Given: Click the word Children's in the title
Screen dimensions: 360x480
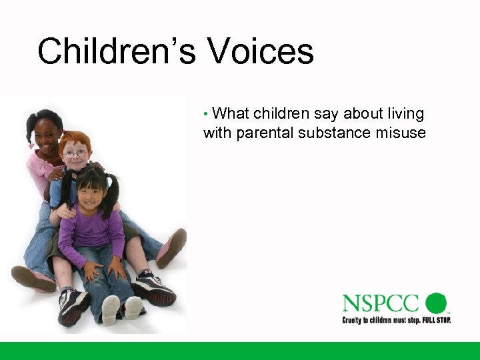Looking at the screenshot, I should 116,51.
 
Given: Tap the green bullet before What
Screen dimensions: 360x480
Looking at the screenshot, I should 207,114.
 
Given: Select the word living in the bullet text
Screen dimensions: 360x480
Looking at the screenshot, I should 405,114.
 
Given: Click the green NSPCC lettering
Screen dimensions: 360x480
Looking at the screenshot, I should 381,304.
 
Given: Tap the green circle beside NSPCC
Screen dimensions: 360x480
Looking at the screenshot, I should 436,303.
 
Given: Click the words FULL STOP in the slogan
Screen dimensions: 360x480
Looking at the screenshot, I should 435,320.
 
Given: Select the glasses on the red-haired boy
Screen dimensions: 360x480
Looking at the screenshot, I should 75,153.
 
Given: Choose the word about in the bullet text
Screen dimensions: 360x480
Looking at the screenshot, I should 364,114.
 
